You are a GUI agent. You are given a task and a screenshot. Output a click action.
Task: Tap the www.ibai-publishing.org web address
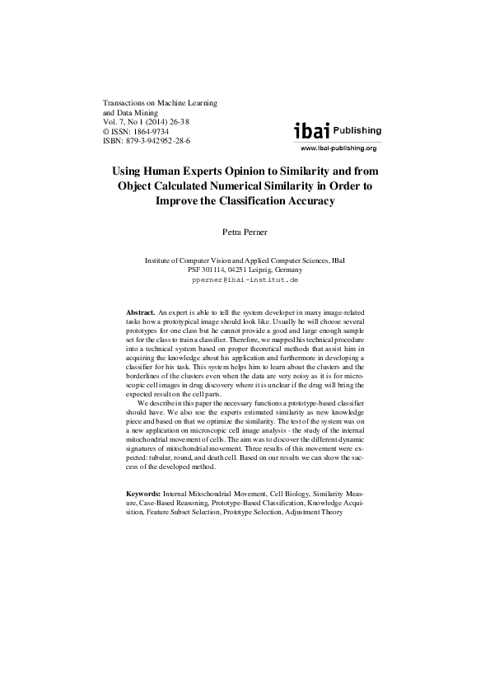click(338, 148)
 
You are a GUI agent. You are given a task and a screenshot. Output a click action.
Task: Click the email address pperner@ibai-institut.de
click(245, 279)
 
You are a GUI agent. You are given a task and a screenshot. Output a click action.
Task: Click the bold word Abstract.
click(139, 314)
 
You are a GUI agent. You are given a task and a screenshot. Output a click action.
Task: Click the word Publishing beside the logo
click(357, 130)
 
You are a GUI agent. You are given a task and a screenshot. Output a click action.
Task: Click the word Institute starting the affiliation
click(160, 260)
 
